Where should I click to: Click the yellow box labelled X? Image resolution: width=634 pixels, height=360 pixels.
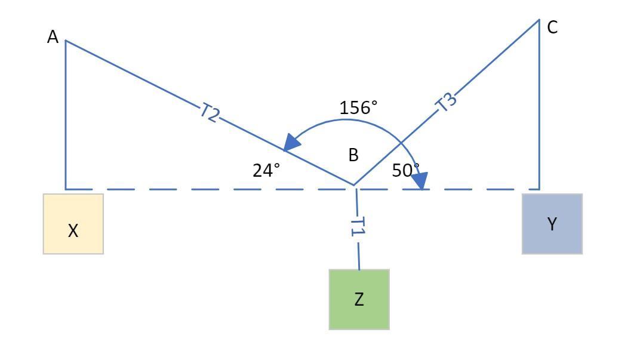73,224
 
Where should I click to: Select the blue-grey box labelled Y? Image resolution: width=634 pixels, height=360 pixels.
552,224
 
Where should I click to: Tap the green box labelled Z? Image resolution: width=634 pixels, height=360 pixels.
359,299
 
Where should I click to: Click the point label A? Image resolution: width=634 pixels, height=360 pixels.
53,38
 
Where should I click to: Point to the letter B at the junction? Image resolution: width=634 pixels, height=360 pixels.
353,156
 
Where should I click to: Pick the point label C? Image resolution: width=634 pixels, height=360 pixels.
552,27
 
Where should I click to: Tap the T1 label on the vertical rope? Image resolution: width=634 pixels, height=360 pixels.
357,227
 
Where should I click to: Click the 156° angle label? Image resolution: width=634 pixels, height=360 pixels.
358,107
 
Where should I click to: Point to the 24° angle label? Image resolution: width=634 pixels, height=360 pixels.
266,171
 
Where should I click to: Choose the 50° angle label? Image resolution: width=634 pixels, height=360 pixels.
405,171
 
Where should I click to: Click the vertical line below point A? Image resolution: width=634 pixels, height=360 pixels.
65,119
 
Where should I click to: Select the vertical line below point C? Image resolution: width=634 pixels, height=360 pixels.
539,107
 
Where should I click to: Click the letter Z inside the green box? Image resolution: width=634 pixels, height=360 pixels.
359,300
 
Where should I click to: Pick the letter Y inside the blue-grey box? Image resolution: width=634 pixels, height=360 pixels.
552,224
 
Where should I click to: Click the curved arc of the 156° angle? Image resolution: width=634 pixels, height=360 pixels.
346,120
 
